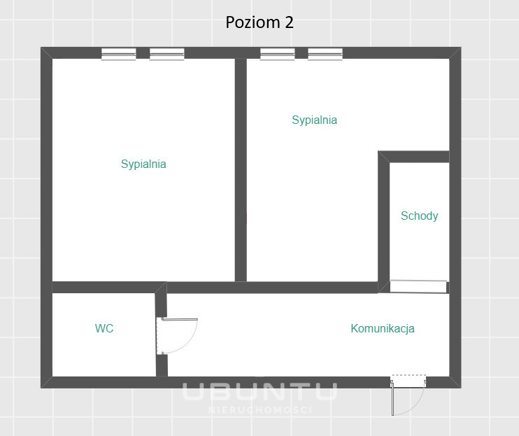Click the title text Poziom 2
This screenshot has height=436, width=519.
pyautogui.click(x=259, y=22)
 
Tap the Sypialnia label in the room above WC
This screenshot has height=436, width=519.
pyautogui.click(x=143, y=164)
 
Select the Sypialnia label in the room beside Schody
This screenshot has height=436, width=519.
pyautogui.click(x=315, y=120)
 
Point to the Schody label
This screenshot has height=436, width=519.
pyautogui.click(x=420, y=216)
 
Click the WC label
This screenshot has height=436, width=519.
pyautogui.click(x=104, y=328)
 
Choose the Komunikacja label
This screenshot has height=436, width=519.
pyautogui.click(x=383, y=328)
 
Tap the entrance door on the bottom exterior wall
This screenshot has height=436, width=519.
pyautogui.click(x=408, y=395)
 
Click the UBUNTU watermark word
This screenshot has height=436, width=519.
pyautogui.click(x=259, y=391)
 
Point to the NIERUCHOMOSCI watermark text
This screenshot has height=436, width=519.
pyautogui.click(x=259, y=410)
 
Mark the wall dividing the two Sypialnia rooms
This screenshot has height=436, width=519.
pyautogui.click(x=241, y=170)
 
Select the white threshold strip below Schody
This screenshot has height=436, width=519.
pyautogui.click(x=418, y=286)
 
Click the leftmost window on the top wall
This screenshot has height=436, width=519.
pyautogui.click(x=118, y=54)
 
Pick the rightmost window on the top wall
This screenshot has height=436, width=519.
pyautogui.click(x=325, y=54)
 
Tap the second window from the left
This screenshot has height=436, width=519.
pyautogui.click(x=166, y=54)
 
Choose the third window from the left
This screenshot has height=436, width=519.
pyautogui.click(x=278, y=54)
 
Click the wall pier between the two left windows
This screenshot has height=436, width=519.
pyautogui.click(x=143, y=53)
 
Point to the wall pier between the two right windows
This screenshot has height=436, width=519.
pyautogui.click(x=301, y=53)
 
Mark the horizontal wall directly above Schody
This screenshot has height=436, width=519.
pyautogui.click(x=414, y=157)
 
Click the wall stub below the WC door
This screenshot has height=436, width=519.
pyautogui.click(x=162, y=365)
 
